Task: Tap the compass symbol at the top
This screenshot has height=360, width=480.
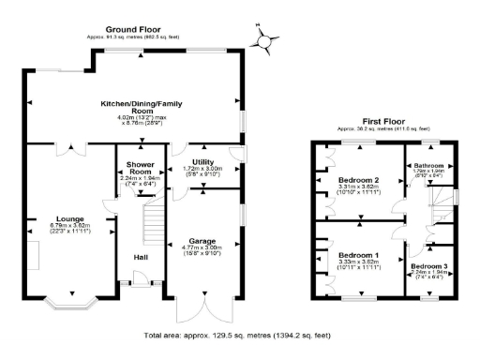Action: pyautogui.click(x=266, y=40)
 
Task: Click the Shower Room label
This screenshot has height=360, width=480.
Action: pyautogui.click(x=141, y=168)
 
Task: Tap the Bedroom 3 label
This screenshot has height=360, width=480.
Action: pyautogui.click(x=428, y=265)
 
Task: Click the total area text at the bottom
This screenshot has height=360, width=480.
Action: pyautogui.click(x=237, y=335)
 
